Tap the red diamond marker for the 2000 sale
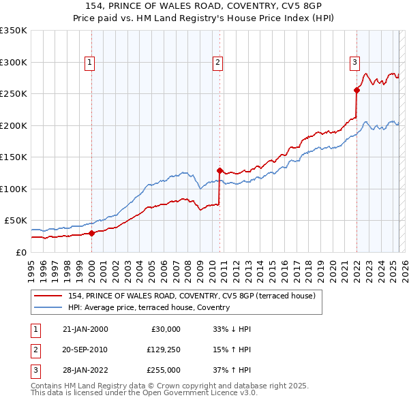coord(92,233)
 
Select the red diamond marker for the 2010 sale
coord(219,170)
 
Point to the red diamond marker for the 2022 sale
coord(357,90)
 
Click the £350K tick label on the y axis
coord(14,31)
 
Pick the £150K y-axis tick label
coord(14,157)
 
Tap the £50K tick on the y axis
coord(16,221)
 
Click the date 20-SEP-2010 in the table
coord(85,350)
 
